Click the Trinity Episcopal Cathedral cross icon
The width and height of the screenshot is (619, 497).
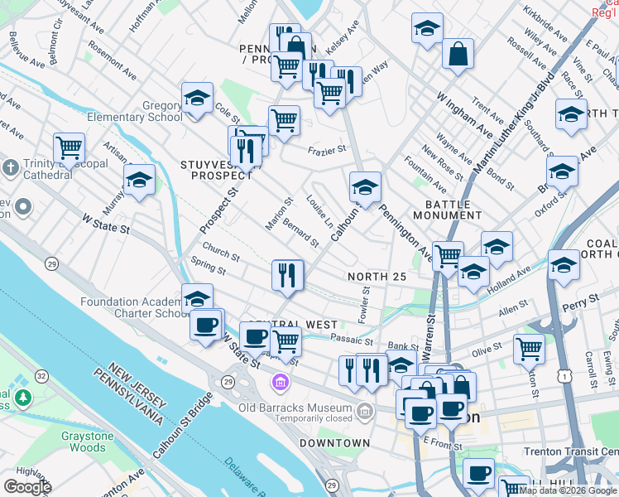click(x=10, y=168)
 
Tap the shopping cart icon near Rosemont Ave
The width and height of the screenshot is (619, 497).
click(x=70, y=148)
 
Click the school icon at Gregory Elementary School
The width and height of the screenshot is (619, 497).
click(x=197, y=99)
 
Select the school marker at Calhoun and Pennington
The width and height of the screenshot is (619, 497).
click(x=365, y=186)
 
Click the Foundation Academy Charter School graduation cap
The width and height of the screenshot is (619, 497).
click(x=197, y=298)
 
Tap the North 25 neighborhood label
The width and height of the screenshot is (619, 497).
click(x=377, y=277)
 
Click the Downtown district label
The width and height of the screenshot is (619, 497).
click(x=334, y=443)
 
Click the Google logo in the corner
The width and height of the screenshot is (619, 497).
click(x=28, y=486)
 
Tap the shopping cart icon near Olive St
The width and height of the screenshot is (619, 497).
click(x=529, y=348)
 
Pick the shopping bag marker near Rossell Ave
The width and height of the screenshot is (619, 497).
click(x=458, y=55)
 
